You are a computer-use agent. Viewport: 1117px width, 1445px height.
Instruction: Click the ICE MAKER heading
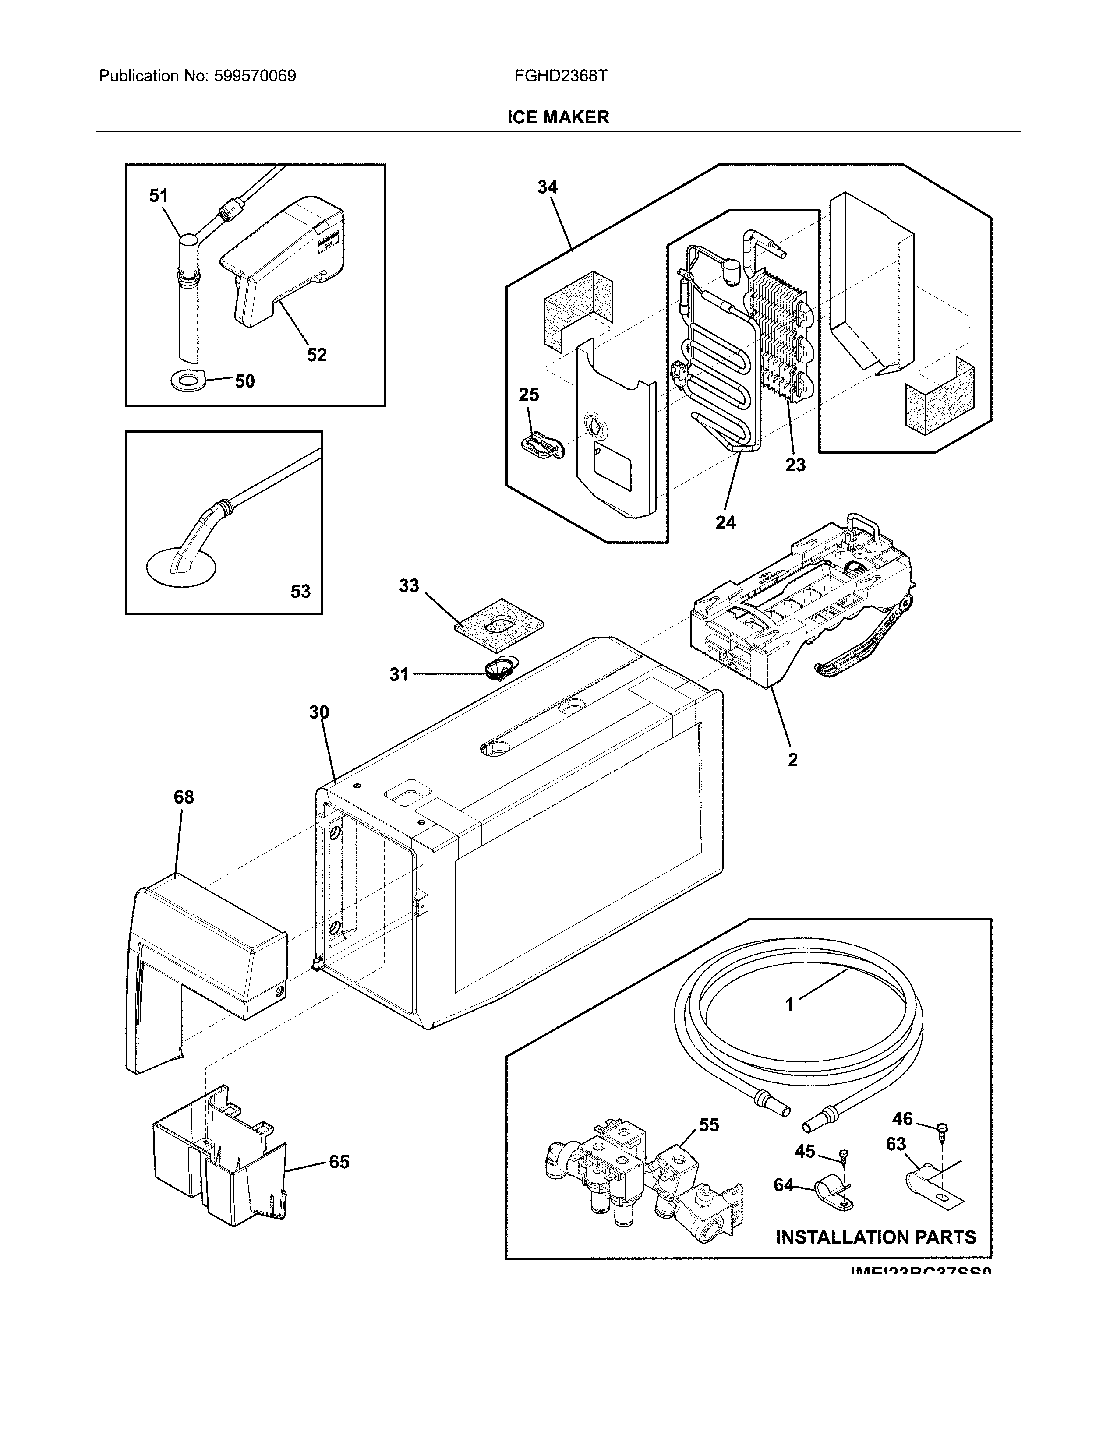558,117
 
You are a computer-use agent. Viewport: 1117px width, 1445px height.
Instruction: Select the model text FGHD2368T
561,76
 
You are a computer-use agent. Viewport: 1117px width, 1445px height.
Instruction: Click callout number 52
316,355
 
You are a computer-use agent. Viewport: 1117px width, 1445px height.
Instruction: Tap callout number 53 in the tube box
300,591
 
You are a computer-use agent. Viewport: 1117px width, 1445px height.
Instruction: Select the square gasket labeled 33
500,623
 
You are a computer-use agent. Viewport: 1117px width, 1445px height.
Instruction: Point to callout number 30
319,712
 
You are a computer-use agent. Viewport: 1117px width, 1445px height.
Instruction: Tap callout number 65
339,1162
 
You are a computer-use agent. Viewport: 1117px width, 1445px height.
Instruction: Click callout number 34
547,187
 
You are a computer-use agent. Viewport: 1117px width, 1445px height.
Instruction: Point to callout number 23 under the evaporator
795,465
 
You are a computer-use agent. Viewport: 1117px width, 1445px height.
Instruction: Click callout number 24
725,523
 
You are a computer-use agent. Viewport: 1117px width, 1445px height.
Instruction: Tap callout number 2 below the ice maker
793,760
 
